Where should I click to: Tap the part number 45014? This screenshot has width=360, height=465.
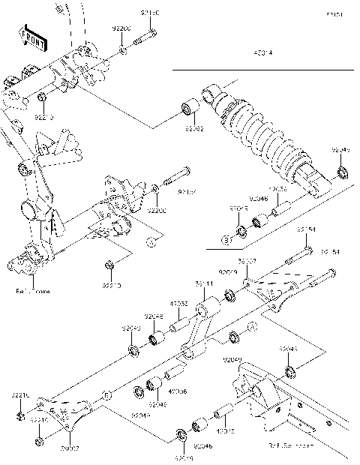263,54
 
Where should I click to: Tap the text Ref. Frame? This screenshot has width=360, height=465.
32,290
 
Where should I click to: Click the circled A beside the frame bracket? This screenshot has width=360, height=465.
150,241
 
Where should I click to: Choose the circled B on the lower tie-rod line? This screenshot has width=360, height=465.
107,393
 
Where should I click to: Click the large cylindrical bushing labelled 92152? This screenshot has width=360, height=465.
187,110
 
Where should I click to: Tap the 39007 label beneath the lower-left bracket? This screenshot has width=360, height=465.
69,448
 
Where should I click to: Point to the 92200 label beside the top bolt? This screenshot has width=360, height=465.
121,28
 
